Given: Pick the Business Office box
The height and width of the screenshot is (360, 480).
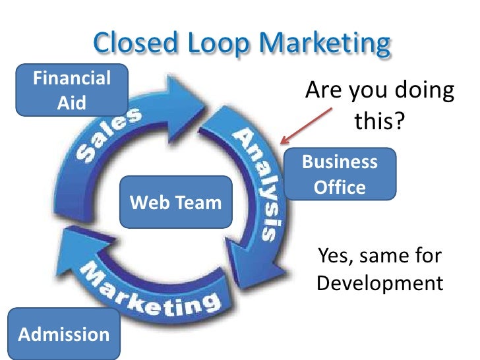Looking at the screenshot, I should [x=340, y=174].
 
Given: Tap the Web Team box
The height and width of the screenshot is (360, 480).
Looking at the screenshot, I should [x=175, y=202].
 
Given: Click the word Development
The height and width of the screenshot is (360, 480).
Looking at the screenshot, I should [x=379, y=284].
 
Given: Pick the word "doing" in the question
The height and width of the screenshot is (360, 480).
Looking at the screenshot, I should [x=423, y=92].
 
